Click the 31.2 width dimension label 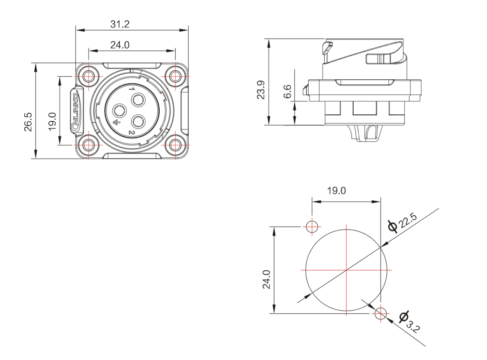click(x=119, y=24)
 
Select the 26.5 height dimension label click(x=28, y=122)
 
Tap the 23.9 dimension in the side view click(x=261, y=90)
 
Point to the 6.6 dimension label click(x=288, y=91)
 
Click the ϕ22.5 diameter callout click(x=403, y=223)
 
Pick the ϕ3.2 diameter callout click(x=410, y=321)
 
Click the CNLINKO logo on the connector click(x=75, y=110)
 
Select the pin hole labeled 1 click(x=138, y=101)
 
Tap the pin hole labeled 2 click(x=138, y=121)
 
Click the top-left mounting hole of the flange click(x=88, y=76)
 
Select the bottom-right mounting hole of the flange click(x=175, y=145)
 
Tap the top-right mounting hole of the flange click(x=175, y=76)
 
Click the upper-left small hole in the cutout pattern click(x=312, y=226)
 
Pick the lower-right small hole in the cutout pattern click(x=381, y=313)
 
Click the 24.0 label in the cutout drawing click(x=267, y=279)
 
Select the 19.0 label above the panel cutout click(x=336, y=190)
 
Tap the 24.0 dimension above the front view click(x=119, y=45)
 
